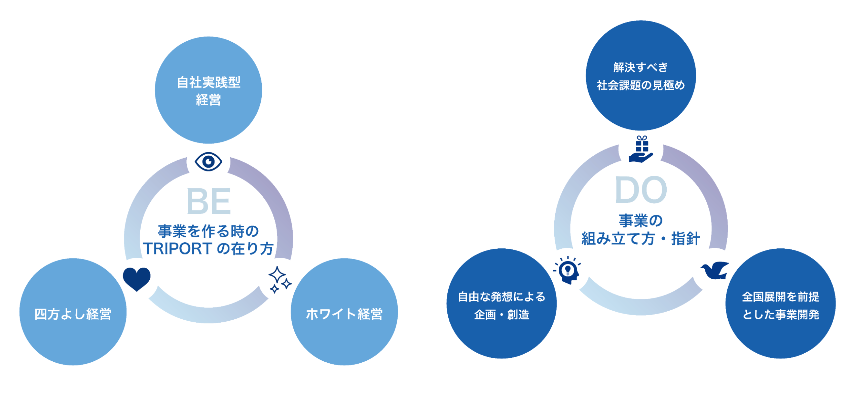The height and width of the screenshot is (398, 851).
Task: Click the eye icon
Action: coord(208,162)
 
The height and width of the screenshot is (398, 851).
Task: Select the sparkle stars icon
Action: coord(280,280)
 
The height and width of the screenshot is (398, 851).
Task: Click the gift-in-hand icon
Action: coord(641,150)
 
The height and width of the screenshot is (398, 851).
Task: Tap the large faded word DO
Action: coord(640,190)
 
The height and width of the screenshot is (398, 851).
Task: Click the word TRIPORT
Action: coord(178,249)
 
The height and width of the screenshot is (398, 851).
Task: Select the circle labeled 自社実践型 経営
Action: coord(208,90)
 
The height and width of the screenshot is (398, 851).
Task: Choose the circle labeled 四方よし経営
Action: coord(73,312)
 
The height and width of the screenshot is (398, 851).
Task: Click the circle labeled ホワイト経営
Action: coord(344,312)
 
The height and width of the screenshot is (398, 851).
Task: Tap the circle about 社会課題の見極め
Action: coord(641,76)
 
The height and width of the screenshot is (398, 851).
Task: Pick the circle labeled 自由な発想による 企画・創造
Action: coord(501,304)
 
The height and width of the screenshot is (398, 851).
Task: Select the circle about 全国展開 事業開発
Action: coord(780,304)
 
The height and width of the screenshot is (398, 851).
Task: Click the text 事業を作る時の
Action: coord(208,231)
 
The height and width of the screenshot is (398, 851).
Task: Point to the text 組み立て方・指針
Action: coord(641,239)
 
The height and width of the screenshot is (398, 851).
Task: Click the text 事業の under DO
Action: coord(640,221)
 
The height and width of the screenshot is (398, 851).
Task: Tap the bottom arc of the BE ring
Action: coord(208,315)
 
